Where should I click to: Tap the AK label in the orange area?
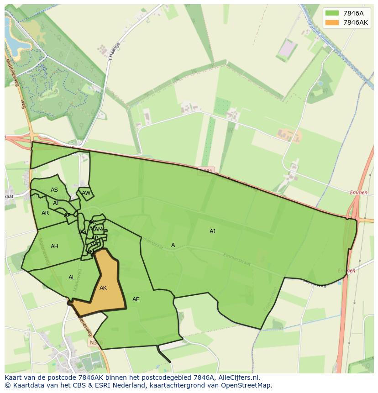pyautogui.click(x=103, y=288)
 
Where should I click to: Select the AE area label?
pyautogui.click(x=136, y=299)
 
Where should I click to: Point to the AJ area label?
pyautogui.click(x=212, y=231)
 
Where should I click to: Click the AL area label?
pyautogui.click(x=72, y=278)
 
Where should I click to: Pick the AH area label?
pyautogui.click(x=54, y=246)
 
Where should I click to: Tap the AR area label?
pyautogui.click(x=45, y=213)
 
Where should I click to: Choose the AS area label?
pyautogui.click(x=54, y=190)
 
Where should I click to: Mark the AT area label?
pyautogui.click(x=56, y=203)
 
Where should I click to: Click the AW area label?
pyautogui.click(x=86, y=193)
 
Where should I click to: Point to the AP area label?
pyautogui.click(x=68, y=215)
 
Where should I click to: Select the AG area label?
pyautogui.click(x=82, y=232)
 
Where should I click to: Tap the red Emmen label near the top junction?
pyautogui.click(x=359, y=193)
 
